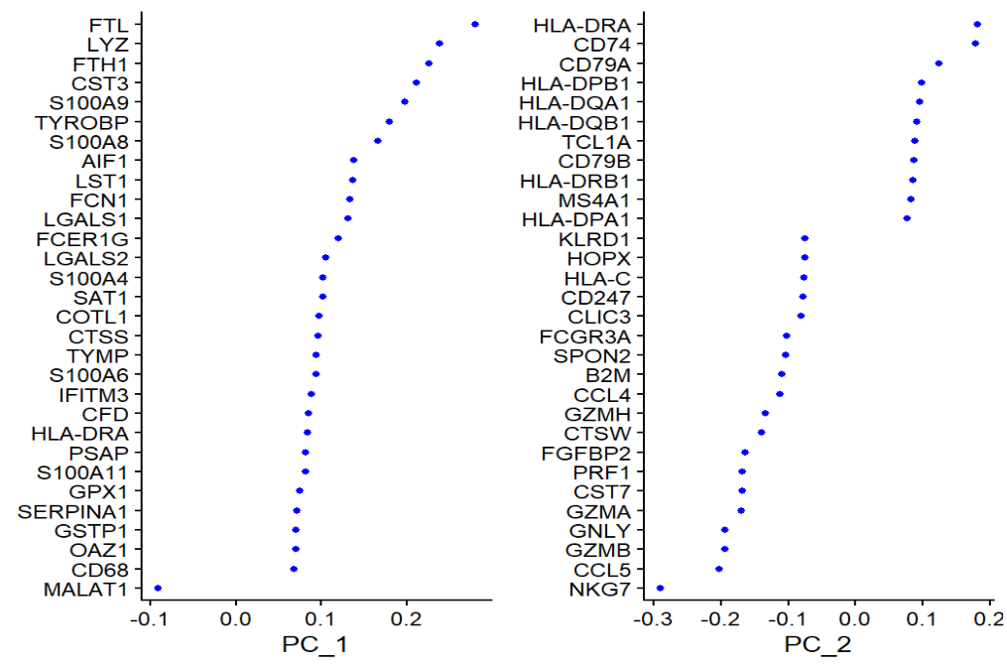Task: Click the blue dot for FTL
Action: tap(475, 24)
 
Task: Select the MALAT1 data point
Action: tap(158, 589)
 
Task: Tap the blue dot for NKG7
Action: tap(660, 589)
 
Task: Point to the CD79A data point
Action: tap(939, 64)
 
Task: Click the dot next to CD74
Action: tap(975, 44)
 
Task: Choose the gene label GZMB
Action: tap(598, 550)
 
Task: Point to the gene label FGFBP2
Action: tap(591, 453)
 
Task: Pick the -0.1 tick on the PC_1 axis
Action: tap(148, 619)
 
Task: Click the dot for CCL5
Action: tap(719, 569)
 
